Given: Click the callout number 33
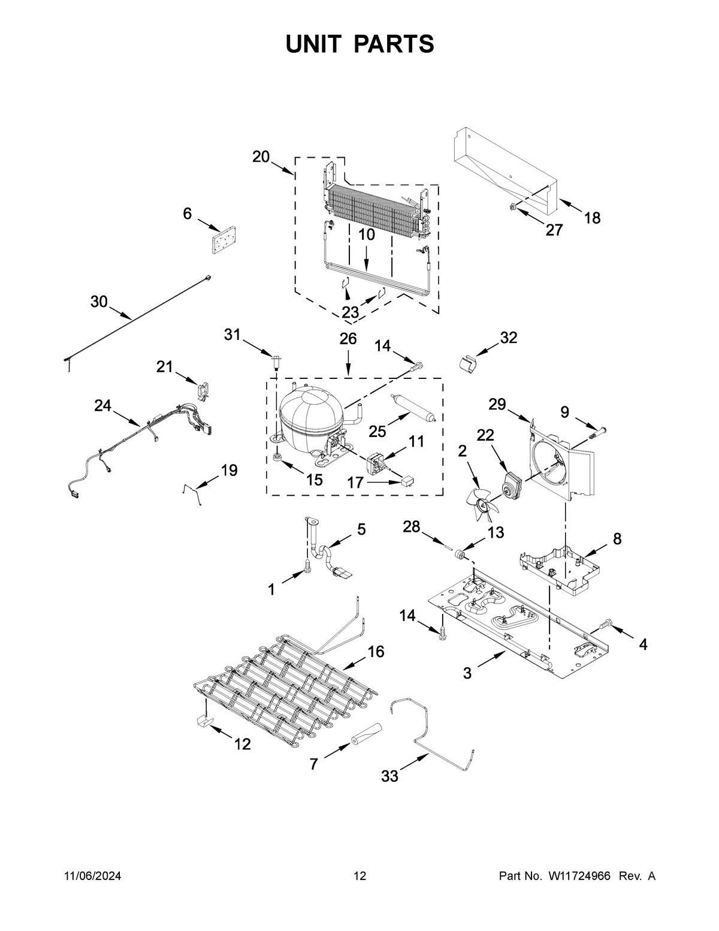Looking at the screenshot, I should point(389,776).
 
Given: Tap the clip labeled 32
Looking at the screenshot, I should point(468,362).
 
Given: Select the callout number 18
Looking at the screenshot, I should point(592,218).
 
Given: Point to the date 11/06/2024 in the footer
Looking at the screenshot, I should point(92,876).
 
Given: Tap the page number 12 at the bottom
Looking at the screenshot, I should point(359,876).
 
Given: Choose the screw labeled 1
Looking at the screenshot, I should point(308,565).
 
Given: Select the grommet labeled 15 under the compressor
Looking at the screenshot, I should point(277,459).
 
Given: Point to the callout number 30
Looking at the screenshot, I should point(99,302).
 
